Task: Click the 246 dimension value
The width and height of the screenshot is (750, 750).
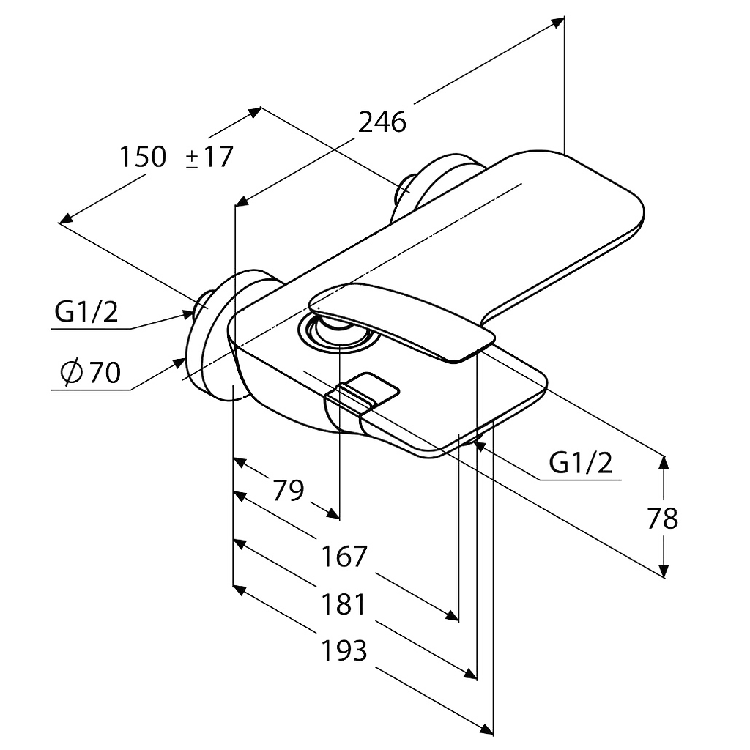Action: [x=382, y=122]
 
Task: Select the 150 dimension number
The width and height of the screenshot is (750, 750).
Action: [x=143, y=157]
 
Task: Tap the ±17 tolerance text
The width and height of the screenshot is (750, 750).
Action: [x=209, y=157]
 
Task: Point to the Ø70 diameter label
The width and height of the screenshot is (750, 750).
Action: [x=91, y=371]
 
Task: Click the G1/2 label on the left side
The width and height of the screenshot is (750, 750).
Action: [x=86, y=312]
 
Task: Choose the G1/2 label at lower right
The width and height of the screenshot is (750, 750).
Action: [x=580, y=463]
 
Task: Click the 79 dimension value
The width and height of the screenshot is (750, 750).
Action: [x=289, y=490]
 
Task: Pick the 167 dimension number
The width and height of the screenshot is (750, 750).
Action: [x=344, y=556]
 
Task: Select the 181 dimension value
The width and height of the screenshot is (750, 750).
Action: [x=344, y=604]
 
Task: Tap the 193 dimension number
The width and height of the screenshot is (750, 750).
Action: [x=344, y=650]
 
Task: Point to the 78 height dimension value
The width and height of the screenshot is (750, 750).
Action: [x=662, y=518]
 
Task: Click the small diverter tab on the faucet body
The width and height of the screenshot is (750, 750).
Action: [x=363, y=393]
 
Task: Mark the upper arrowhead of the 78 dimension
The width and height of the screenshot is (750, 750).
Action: [x=664, y=462]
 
